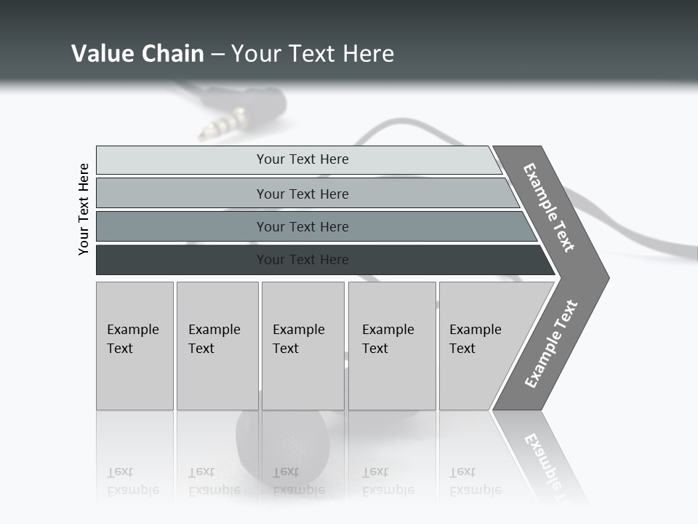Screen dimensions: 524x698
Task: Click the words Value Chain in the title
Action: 137,53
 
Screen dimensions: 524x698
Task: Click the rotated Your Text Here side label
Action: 84,209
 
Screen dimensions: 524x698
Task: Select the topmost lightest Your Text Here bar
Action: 302,159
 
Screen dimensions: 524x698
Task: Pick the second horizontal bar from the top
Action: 302,194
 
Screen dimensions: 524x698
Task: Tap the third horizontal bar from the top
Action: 302,226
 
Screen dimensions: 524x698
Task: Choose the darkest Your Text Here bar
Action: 302,260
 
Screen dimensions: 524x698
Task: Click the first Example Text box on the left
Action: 135,346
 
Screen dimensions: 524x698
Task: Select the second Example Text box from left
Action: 217,346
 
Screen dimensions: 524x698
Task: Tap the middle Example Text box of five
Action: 302,346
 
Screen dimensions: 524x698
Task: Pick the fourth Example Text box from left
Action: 392,346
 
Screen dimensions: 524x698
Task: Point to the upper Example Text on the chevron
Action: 549,207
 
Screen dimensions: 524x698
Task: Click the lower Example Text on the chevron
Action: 551,344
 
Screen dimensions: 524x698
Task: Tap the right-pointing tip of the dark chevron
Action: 605,277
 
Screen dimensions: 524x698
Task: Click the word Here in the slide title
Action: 369,53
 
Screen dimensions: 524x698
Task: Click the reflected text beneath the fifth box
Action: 475,481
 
